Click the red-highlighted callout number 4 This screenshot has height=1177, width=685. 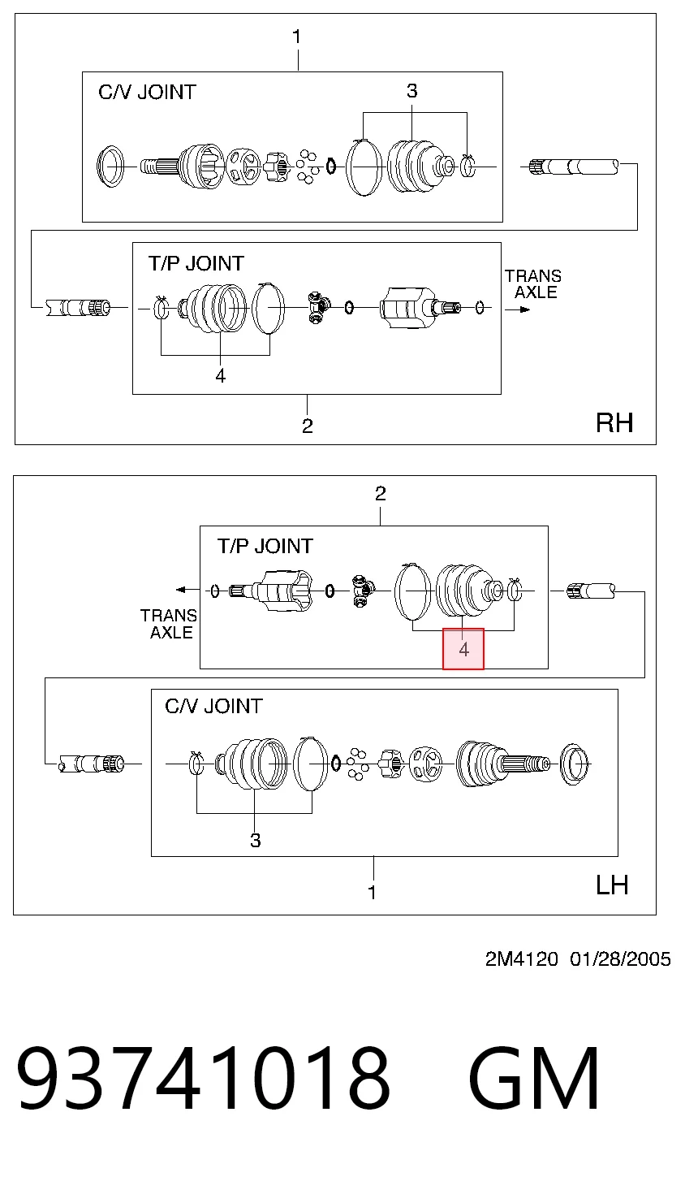tap(463, 650)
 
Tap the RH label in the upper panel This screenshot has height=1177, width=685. tap(614, 422)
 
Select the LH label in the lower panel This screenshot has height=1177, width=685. tap(612, 885)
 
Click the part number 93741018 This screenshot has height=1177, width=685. tap(203, 1078)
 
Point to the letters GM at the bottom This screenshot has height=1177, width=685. tap(534, 1078)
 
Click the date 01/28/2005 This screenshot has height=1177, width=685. tap(620, 959)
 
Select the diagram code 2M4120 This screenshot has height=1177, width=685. tap(522, 959)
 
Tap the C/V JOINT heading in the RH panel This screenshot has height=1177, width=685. tap(147, 93)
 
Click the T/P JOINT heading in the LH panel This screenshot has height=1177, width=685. tap(265, 547)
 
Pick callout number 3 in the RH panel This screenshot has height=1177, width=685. tap(412, 91)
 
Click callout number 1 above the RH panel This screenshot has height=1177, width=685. tap(296, 37)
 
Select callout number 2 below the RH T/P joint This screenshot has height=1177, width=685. tap(308, 426)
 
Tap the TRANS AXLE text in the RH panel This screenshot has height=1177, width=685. tap(533, 283)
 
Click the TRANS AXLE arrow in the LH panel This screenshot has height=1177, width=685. tap(187, 590)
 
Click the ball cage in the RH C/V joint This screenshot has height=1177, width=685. tap(243, 166)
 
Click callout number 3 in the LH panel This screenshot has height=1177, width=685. tap(255, 840)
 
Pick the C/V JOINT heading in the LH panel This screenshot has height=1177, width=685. tap(213, 706)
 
